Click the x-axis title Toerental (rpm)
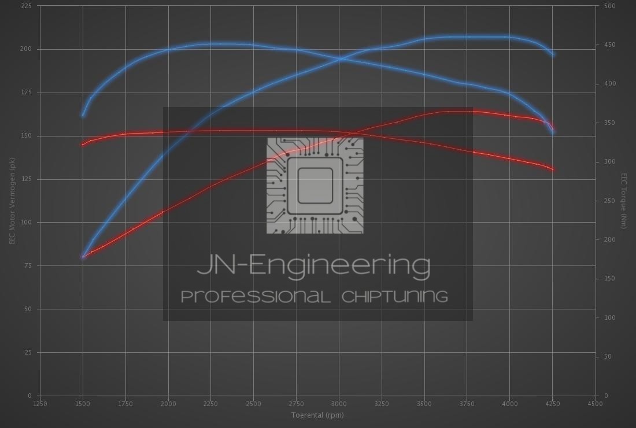[317, 415]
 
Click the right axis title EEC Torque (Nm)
[624, 201]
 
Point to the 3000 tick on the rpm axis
[339, 404]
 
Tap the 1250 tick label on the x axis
[40, 404]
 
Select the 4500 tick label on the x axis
[595, 404]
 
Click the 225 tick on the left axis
[27, 6]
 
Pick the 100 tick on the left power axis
[27, 223]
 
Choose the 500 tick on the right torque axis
[609, 6]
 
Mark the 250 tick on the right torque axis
[609, 201]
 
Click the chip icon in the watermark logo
[315, 186]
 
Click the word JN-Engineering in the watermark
[313, 265]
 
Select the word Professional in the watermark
[256, 297]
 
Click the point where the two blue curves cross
[341, 58]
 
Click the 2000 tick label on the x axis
[168, 404]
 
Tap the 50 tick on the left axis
[28, 309]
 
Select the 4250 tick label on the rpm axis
[552, 404]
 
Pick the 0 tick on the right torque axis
[605, 396]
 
